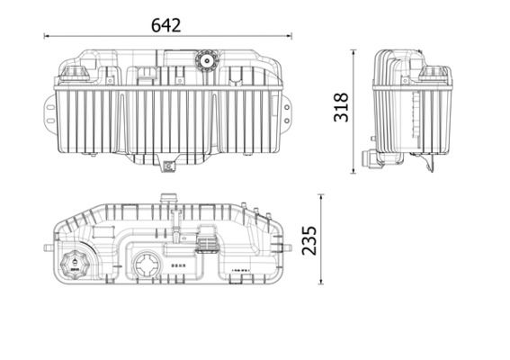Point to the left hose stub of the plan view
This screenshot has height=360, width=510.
[46, 244]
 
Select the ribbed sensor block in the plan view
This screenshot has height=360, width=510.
[206, 243]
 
